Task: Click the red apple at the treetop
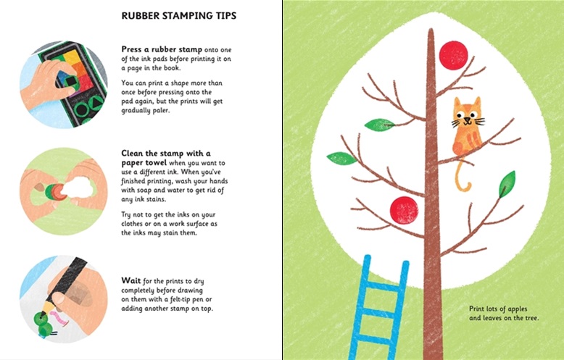click(455, 55)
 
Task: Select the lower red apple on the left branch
click(404, 210)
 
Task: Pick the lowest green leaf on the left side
click(341, 158)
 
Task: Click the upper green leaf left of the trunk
click(378, 125)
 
